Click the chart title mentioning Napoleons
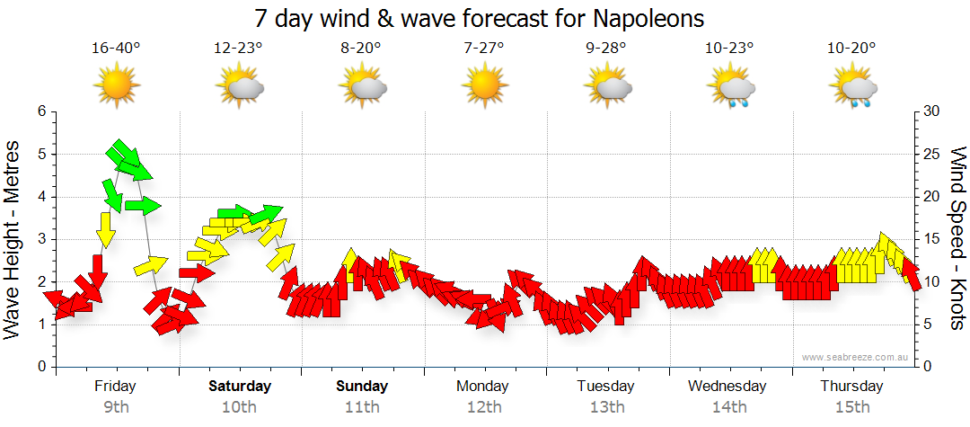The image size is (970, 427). (x=479, y=18)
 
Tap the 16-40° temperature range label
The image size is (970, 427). (x=116, y=48)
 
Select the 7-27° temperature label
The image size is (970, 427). (x=484, y=48)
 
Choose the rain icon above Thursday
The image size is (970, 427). (x=852, y=88)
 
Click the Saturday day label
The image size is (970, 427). (x=240, y=387)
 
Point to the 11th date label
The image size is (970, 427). (x=362, y=407)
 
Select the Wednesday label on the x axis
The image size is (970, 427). (x=727, y=387)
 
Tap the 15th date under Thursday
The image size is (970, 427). (x=851, y=407)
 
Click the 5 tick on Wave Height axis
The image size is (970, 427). (x=40, y=155)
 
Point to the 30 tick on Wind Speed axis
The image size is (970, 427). (x=932, y=111)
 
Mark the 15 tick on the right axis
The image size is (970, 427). (x=932, y=239)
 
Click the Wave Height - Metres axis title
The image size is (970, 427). (x=13, y=239)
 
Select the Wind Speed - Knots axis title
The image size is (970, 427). (x=957, y=239)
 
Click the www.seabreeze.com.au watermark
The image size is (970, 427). (x=856, y=357)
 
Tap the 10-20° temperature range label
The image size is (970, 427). (x=852, y=48)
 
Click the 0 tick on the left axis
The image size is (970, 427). (x=40, y=367)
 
